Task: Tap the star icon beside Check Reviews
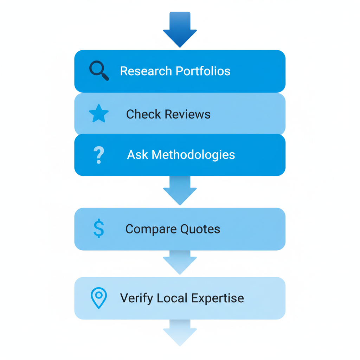pyautogui.click(x=99, y=114)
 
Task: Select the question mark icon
pyautogui.click(x=99, y=155)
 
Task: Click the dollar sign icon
pyautogui.click(x=99, y=229)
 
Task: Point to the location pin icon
pyautogui.click(x=99, y=298)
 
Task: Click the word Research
pyautogui.click(x=146, y=71)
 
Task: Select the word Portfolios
pyautogui.click(x=203, y=71)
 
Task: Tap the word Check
pyautogui.click(x=142, y=114)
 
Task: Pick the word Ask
pyautogui.click(x=137, y=155)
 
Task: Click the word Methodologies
pyautogui.click(x=193, y=155)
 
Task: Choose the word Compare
pyautogui.click(x=151, y=229)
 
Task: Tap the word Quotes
pyautogui.click(x=200, y=229)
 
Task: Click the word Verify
pyautogui.click(x=137, y=298)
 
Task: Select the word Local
pyautogui.click(x=168, y=298)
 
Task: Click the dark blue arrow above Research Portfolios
pyautogui.click(x=180, y=30)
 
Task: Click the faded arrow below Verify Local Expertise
pyautogui.click(x=180, y=333)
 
